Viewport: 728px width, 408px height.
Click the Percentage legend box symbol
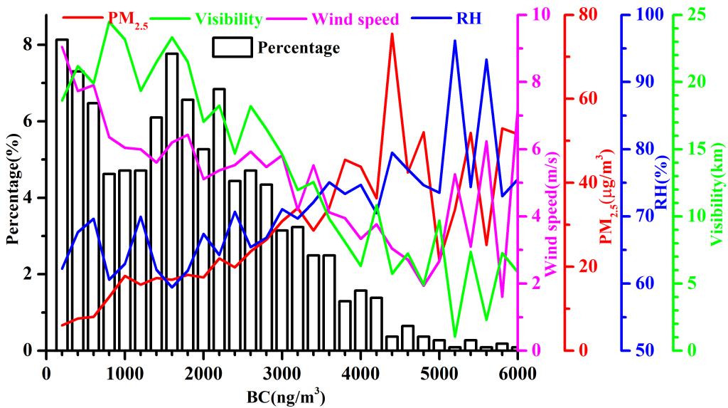point(232,47)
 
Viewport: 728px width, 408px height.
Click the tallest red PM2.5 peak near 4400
point(392,33)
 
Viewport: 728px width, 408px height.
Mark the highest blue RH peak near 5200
point(455,41)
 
